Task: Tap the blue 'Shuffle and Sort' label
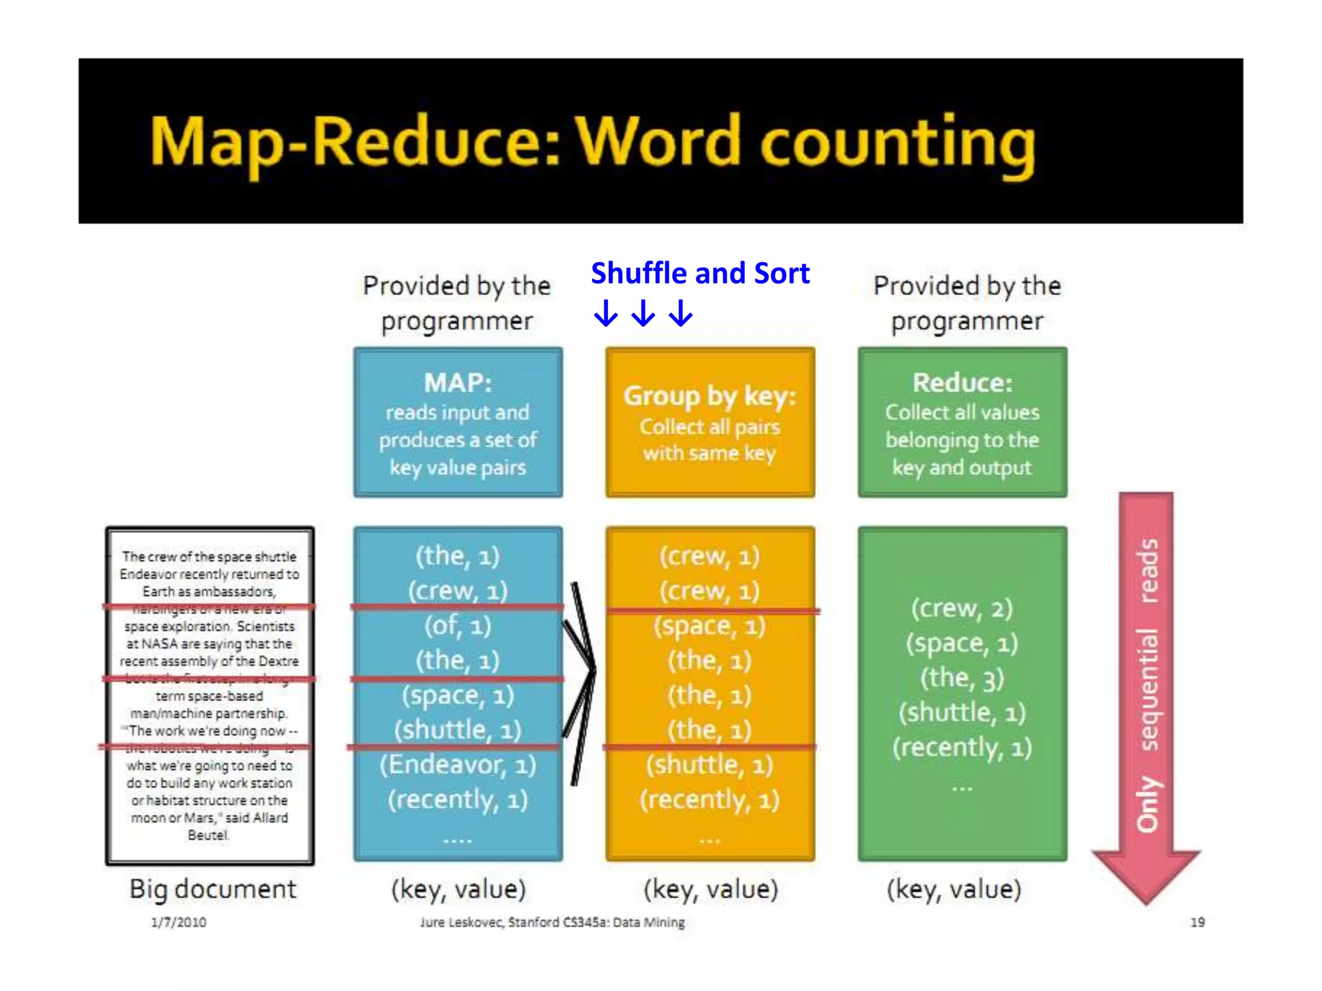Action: (x=700, y=273)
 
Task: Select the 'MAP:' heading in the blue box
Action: (x=458, y=383)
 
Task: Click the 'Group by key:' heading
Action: (x=709, y=395)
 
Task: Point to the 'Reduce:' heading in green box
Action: (x=962, y=383)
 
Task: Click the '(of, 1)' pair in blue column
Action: (x=458, y=625)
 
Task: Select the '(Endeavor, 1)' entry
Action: (x=458, y=765)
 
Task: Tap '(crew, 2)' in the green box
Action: (x=962, y=608)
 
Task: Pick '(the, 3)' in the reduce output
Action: (x=962, y=677)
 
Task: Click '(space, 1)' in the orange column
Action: (x=709, y=626)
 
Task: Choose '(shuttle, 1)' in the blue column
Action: (x=458, y=730)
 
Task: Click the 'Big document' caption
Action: (x=212, y=889)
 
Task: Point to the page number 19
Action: (x=1197, y=922)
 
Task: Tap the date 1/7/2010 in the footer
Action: (x=179, y=922)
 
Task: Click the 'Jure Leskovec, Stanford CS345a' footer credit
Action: (x=553, y=922)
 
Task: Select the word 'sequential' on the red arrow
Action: (x=1147, y=688)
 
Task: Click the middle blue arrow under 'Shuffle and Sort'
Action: (x=643, y=314)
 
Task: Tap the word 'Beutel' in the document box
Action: (x=208, y=835)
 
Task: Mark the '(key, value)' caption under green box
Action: (x=954, y=889)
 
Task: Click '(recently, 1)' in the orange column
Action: (x=709, y=800)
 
